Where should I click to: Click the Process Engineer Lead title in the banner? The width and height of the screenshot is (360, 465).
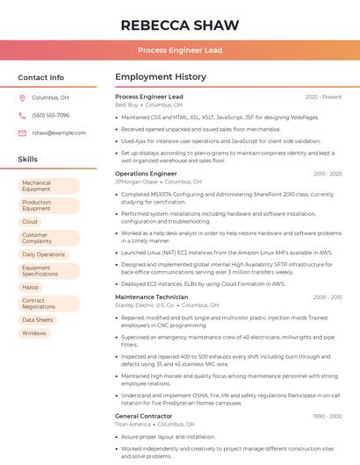179,50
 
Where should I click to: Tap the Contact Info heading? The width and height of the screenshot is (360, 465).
40,77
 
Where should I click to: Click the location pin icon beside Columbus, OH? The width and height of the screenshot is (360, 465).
22,98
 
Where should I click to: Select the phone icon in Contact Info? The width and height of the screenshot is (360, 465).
22,116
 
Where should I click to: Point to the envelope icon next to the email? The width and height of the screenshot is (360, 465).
22,132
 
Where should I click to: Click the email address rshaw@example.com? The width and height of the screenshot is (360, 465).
53,132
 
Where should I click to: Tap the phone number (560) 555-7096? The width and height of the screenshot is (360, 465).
50,116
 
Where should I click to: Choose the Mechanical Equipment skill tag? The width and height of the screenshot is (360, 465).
36,186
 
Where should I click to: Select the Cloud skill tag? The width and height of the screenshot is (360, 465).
30,222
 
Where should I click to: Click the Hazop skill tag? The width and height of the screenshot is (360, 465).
31,287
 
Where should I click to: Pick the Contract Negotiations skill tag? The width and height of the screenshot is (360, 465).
39,304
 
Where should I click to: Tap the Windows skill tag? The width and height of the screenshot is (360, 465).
34,333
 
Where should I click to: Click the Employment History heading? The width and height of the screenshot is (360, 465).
161,77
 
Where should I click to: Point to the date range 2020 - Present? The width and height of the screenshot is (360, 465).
323,97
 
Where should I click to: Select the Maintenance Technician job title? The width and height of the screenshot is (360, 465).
151,297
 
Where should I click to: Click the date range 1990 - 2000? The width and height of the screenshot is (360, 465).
328,416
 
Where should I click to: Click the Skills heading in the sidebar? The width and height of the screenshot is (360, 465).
28,159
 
